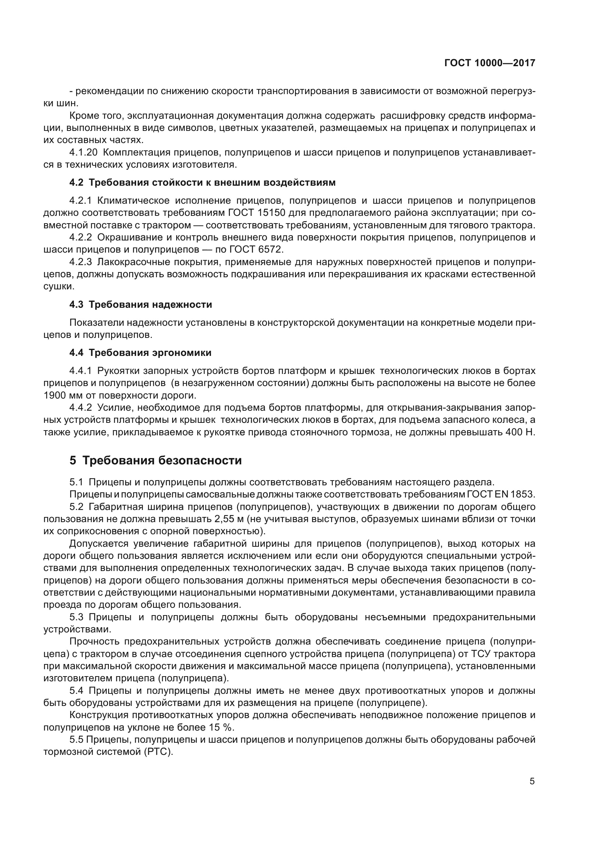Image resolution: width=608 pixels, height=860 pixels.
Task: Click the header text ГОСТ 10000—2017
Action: tap(490, 63)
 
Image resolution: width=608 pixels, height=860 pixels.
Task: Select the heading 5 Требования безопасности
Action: tap(156, 461)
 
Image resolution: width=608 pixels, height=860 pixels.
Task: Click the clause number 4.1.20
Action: tap(83, 153)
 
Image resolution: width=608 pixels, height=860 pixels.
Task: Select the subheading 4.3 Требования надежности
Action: tap(141, 304)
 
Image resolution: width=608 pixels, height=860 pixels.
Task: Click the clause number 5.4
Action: tap(77, 691)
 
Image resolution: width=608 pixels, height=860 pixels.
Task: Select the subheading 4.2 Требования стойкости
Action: tap(202, 183)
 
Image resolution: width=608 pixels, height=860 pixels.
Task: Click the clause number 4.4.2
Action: tap(81, 407)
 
